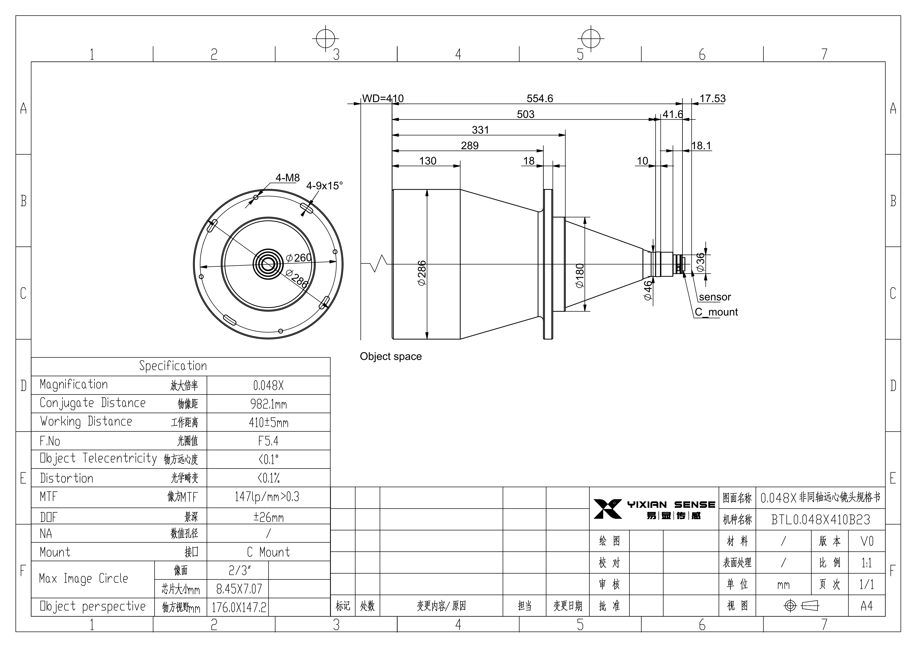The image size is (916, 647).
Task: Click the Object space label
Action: tap(391, 356)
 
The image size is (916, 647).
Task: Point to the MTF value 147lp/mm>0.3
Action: tap(267, 497)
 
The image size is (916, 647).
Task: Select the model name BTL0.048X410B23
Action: tap(821, 519)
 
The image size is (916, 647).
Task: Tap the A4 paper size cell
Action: tap(866, 606)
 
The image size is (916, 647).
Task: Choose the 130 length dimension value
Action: tap(428, 161)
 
